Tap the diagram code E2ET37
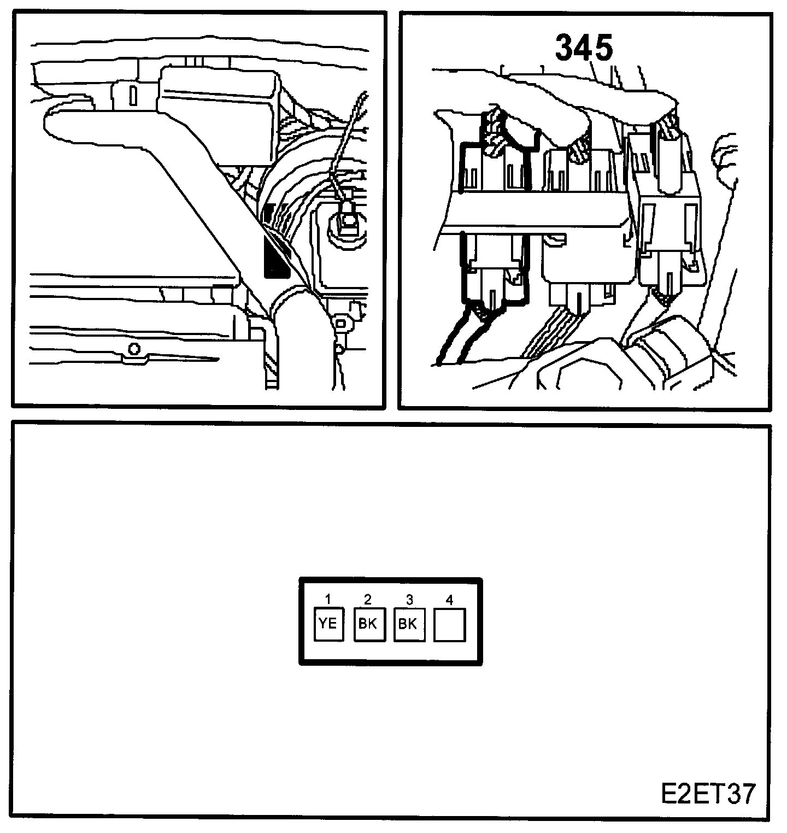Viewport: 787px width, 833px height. (708, 794)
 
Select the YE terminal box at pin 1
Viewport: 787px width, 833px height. (328, 624)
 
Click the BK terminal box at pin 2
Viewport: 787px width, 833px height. (369, 624)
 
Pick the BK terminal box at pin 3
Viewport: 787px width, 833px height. (409, 624)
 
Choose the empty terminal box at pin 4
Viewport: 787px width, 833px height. (449, 624)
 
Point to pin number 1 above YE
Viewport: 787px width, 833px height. (328, 599)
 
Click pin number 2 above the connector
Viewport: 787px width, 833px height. (368, 599)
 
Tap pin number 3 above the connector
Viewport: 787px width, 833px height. (408, 599)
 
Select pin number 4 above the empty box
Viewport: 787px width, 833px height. (449, 600)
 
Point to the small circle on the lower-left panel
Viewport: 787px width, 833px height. (132, 349)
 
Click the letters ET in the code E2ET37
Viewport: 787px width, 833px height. (708, 794)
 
